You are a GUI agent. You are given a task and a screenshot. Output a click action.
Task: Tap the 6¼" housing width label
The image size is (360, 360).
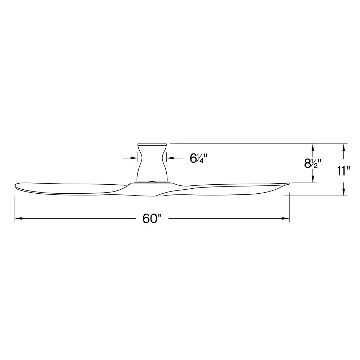pyautogui.click(x=199, y=158)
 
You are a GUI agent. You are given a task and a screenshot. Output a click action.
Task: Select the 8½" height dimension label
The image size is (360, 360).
pyautogui.click(x=312, y=164)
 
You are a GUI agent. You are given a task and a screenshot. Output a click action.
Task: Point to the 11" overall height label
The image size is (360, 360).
pyautogui.click(x=343, y=171)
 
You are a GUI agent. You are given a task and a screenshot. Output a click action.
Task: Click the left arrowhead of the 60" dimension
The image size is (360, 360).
pyautogui.click(x=18, y=219)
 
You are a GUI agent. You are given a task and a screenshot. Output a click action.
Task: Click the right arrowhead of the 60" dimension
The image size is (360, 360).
pyautogui.click(x=285, y=219)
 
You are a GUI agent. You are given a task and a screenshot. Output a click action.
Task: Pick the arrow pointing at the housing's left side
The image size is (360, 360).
pyautogui.click(x=130, y=158)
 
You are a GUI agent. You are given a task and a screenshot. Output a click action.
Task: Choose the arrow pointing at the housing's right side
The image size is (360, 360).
pyautogui.click(x=175, y=158)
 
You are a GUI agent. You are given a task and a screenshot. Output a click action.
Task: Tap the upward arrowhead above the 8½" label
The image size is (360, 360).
pyautogui.click(x=312, y=147)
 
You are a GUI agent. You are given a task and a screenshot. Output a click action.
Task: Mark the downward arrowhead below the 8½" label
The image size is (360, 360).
pyautogui.click(x=312, y=179)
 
